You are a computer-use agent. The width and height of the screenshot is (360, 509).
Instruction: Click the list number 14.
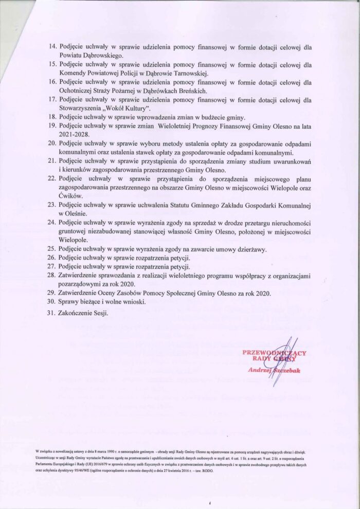click(x=52, y=47)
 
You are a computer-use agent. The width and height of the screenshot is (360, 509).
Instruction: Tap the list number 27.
click(x=51, y=267)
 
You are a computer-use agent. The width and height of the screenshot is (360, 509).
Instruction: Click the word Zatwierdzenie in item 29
click(x=83, y=293)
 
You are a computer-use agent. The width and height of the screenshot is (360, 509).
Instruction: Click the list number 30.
click(x=51, y=302)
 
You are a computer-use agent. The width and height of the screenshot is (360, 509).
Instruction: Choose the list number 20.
click(x=51, y=143)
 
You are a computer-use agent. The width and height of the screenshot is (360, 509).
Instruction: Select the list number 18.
click(x=52, y=117)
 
